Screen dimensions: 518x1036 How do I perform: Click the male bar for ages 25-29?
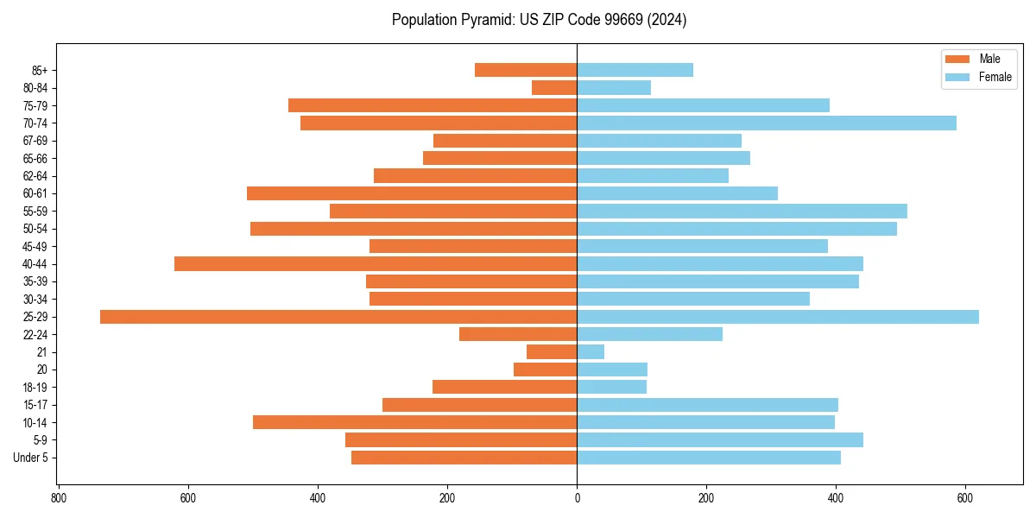(x=338, y=317)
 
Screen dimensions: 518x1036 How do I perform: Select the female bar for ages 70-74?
(x=767, y=123)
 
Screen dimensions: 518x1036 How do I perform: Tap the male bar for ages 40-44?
(x=376, y=264)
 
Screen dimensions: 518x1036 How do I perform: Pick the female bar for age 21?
(x=591, y=352)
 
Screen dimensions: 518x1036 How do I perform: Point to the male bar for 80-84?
(x=554, y=87)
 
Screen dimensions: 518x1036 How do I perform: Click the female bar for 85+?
(x=635, y=70)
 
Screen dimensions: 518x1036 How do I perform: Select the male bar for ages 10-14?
(x=414, y=422)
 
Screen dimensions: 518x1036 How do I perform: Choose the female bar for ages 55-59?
(x=742, y=211)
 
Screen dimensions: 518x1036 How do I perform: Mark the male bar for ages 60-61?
(x=412, y=193)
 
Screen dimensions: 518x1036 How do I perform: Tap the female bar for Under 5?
(x=709, y=458)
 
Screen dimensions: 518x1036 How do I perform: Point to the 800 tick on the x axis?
(x=59, y=498)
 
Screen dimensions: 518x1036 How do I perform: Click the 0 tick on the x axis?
(x=577, y=498)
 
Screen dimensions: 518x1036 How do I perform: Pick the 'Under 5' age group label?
(x=30, y=458)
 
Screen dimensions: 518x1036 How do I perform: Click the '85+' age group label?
(x=39, y=70)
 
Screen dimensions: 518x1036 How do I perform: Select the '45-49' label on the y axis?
(x=35, y=246)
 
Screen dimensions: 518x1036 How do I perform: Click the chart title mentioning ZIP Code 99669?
(x=539, y=20)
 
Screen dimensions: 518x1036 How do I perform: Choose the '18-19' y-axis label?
(x=35, y=388)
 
